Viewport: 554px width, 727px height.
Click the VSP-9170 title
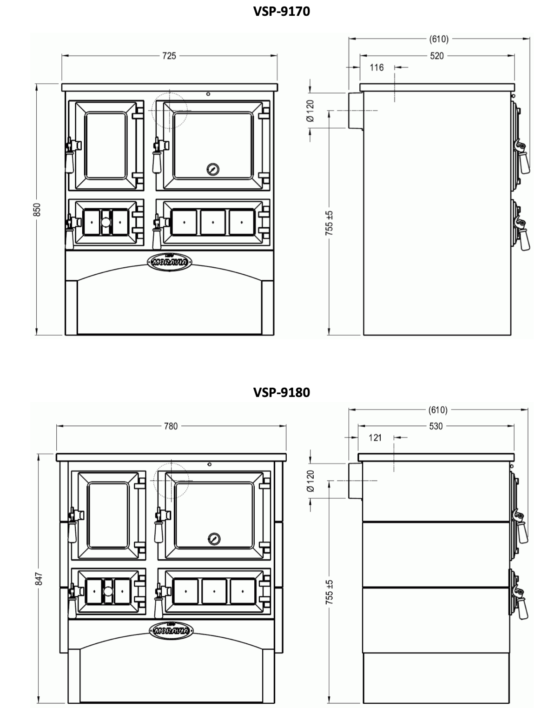point(282,11)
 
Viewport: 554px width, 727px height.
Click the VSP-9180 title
point(282,392)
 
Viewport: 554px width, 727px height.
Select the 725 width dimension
point(169,56)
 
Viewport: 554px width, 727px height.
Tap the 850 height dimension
point(37,210)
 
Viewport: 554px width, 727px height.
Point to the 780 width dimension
point(171,426)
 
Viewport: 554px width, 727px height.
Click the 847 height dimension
point(39,579)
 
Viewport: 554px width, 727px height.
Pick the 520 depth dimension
point(437,56)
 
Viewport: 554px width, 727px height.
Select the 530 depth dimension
point(436,426)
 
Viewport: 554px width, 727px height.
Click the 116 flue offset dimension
point(376,67)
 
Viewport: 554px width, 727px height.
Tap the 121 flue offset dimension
point(375,438)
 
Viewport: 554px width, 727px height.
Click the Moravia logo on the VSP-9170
point(169,262)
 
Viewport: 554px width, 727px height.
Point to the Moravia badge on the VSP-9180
point(171,631)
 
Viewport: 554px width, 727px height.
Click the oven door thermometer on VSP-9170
point(213,170)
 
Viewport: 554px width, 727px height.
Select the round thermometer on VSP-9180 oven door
point(214,539)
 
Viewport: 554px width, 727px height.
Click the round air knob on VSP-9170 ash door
point(106,222)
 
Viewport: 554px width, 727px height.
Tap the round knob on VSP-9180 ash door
point(108,591)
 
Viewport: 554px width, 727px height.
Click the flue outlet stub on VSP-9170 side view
point(356,110)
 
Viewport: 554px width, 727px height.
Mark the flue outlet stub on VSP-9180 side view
point(356,481)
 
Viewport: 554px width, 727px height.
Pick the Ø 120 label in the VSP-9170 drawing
point(310,111)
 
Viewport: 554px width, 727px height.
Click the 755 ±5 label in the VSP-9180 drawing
point(329,592)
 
